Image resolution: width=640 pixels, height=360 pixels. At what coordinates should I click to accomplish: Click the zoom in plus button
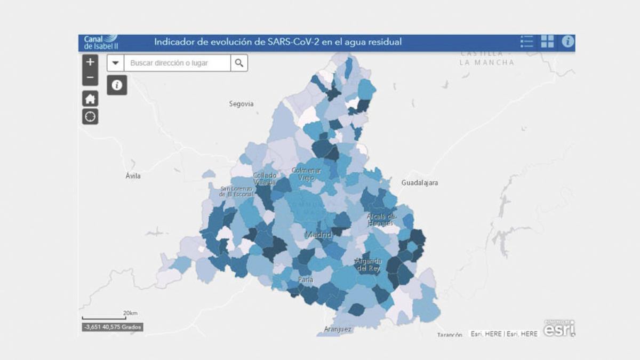[x=90, y=62]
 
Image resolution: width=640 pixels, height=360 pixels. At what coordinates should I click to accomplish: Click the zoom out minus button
[x=90, y=78]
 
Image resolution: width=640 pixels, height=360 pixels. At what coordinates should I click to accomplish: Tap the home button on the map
[x=90, y=99]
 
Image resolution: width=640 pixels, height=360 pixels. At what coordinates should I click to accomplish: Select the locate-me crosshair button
[x=90, y=116]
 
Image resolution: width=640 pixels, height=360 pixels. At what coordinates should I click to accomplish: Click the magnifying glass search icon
[x=239, y=63]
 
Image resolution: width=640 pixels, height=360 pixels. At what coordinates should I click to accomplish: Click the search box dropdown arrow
[x=116, y=63]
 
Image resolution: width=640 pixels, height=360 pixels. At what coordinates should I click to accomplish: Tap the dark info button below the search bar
[x=117, y=85]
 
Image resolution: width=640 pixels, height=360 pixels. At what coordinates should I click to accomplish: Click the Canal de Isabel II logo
[x=101, y=42]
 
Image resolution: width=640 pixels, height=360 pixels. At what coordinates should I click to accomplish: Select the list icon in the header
[x=526, y=42]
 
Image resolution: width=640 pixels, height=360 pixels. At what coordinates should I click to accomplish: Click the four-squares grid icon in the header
[x=547, y=42]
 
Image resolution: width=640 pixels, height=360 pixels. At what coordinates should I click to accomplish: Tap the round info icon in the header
[x=567, y=42]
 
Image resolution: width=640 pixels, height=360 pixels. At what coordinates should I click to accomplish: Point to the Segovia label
[x=241, y=104]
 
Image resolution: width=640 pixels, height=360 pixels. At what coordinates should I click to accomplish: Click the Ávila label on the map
[x=133, y=176]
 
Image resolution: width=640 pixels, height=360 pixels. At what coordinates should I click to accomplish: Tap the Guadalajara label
[x=420, y=183]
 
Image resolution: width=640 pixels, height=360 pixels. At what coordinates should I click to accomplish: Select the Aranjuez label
[x=338, y=330]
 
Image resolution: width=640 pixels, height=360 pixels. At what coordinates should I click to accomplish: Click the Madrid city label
[x=318, y=235]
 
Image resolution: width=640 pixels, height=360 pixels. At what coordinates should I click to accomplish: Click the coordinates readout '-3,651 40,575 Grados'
[x=113, y=327]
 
